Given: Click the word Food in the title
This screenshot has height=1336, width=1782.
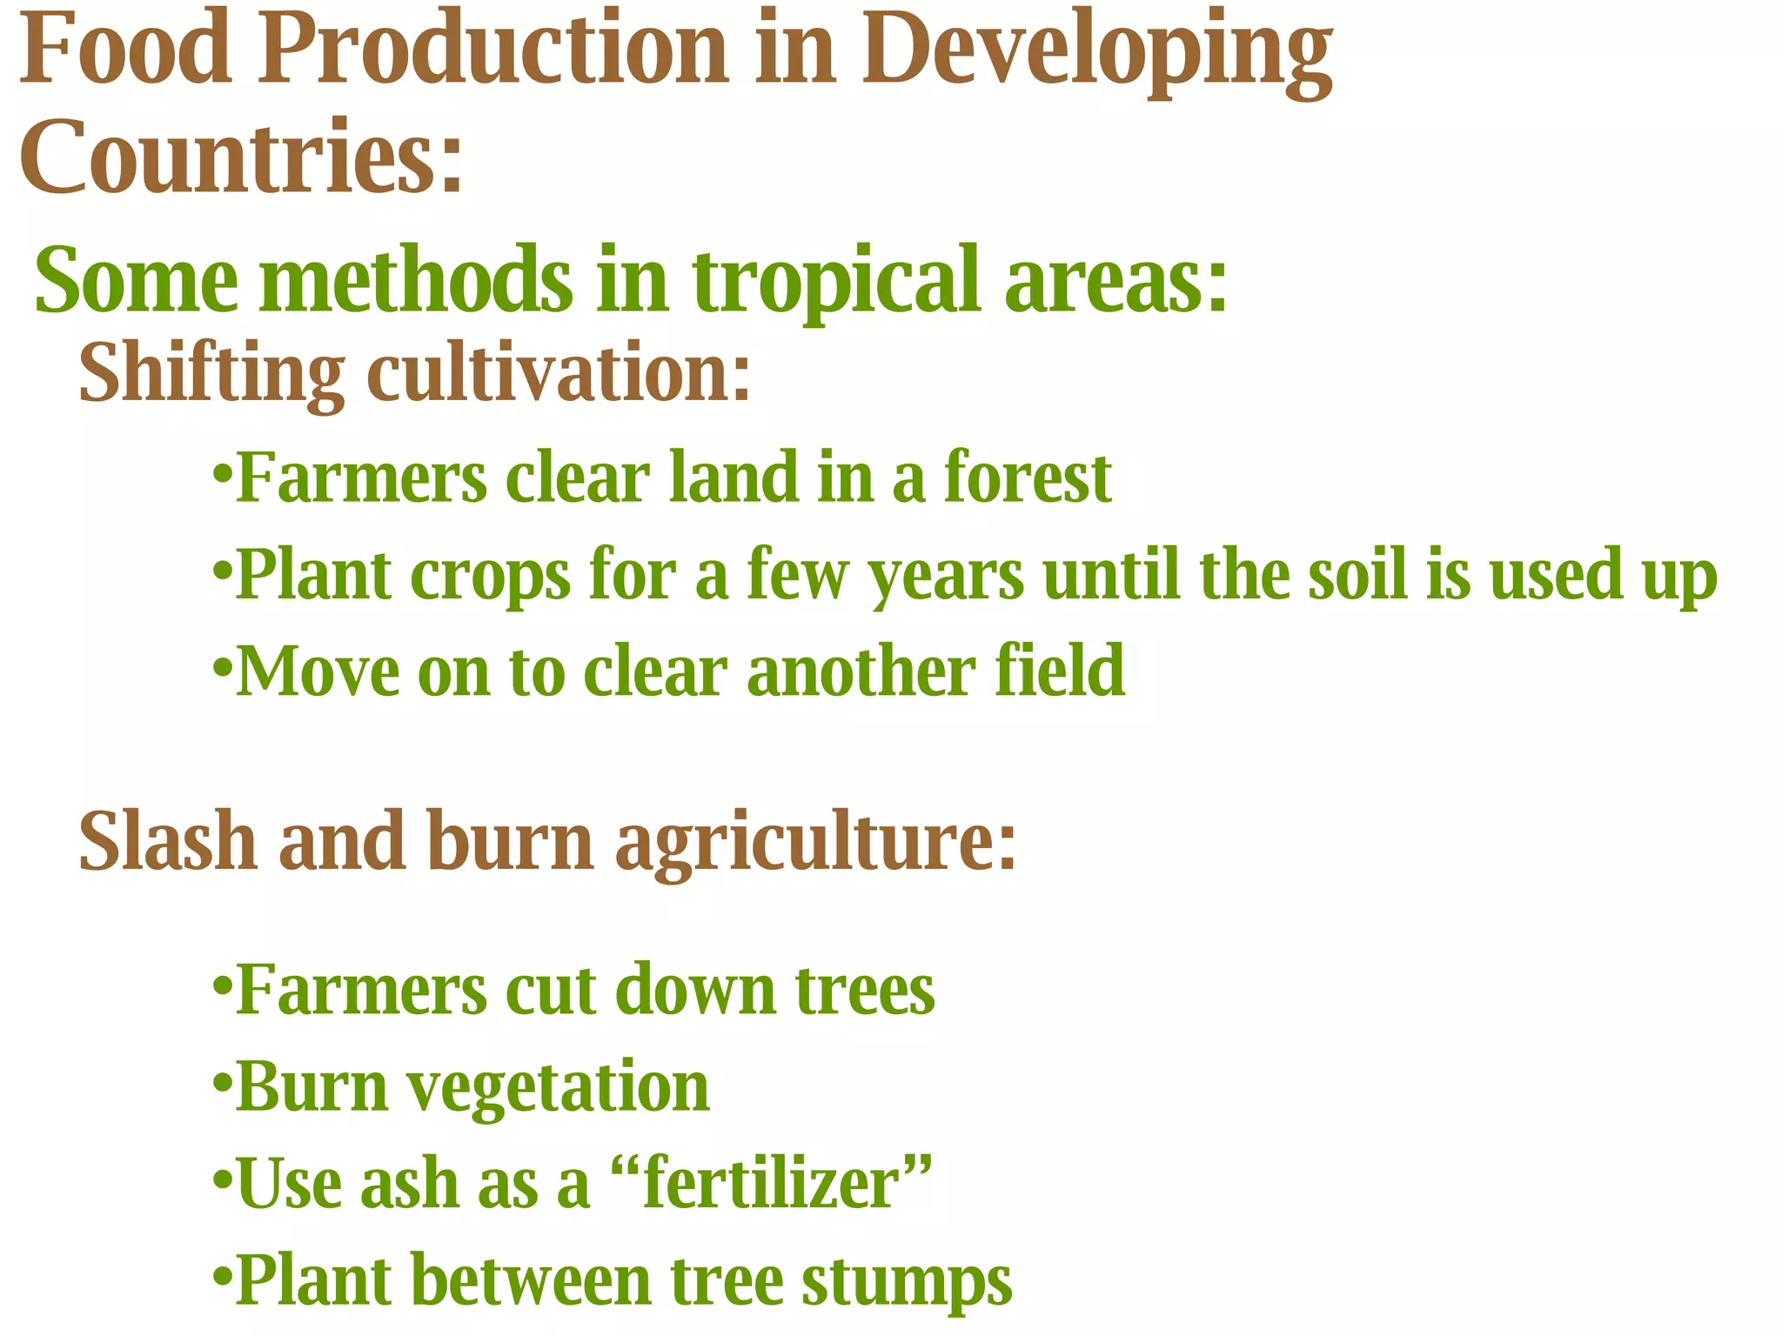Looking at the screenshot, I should [125, 50].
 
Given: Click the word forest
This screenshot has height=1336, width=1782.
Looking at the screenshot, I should [1028, 478].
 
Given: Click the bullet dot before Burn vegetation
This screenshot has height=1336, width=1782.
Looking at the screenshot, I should [222, 1086].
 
